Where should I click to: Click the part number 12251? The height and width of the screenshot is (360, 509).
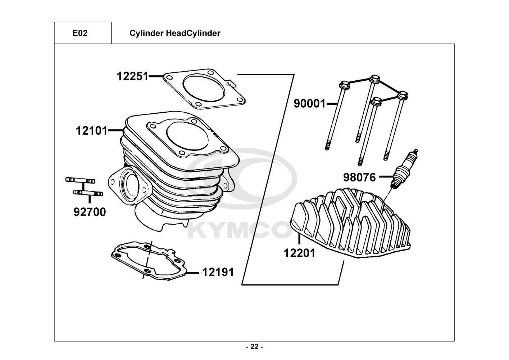[x=132, y=76]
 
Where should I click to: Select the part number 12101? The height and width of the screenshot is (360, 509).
[x=92, y=131]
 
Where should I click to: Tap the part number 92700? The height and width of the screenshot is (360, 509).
[x=90, y=212]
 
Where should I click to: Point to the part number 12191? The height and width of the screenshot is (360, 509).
[x=218, y=272]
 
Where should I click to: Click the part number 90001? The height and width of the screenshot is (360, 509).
[x=310, y=104]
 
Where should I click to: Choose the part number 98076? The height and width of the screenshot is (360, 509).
[x=359, y=177]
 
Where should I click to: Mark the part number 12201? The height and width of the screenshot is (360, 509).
[x=300, y=253]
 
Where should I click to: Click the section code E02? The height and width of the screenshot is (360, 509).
[x=80, y=33]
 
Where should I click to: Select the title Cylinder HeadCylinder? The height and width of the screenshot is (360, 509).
[x=175, y=33]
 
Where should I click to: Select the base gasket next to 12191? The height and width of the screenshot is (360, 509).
[x=149, y=261]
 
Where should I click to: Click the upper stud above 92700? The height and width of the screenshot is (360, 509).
[x=81, y=180]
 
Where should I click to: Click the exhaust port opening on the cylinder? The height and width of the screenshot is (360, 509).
[x=130, y=185]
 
